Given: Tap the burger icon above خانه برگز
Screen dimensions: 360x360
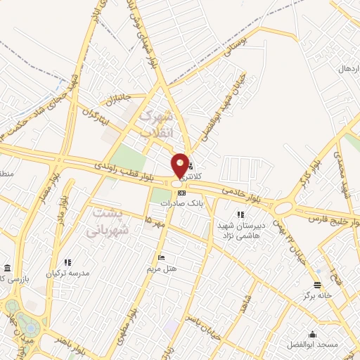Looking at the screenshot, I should [318, 285].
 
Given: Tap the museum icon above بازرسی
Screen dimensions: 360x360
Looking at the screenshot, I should [7, 269].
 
